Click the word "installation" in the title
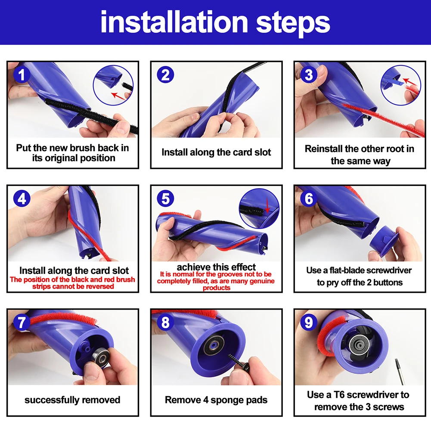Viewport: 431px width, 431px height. coord(174,22)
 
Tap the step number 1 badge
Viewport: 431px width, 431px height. coord(22,75)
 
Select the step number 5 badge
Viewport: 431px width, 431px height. coord(165,198)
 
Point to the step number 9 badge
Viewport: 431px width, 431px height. coord(309,322)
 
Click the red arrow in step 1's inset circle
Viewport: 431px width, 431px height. coord(118,96)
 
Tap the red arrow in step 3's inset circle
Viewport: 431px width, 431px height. coord(409,82)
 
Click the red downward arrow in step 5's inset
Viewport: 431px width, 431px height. coord(267,206)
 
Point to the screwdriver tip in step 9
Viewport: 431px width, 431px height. coord(396,360)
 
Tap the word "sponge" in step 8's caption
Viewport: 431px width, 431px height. coord(224,400)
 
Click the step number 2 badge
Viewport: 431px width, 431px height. coord(165,75)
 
